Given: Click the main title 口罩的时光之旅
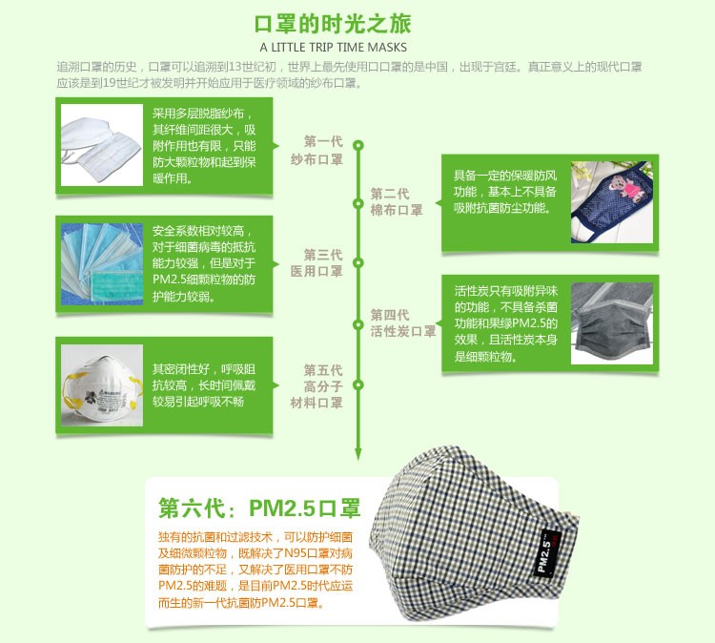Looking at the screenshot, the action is (x=333, y=24).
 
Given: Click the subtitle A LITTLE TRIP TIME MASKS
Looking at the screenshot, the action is (x=334, y=48).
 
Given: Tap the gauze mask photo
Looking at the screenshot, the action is (x=102, y=145).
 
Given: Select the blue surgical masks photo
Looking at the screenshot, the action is (x=102, y=264).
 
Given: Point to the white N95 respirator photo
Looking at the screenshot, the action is (x=102, y=385).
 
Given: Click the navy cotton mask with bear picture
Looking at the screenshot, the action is (x=612, y=202).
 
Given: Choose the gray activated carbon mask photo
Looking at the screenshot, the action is (x=612, y=323).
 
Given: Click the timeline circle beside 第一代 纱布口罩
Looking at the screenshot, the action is (x=358, y=146).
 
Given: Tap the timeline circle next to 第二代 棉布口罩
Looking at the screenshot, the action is (x=358, y=203).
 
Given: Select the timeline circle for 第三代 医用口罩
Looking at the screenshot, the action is (x=358, y=263).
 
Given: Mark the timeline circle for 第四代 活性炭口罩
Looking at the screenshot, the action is (x=358, y=324).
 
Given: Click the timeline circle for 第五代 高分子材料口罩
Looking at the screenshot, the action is (x=358, y=384).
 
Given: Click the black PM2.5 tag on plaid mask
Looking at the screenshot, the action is (x=547, y=552).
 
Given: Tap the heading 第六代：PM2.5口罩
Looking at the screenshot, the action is (x=259, y=508).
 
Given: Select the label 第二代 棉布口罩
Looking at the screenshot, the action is (x=397, y=201).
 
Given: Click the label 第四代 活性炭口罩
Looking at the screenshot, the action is (x=403, y=323).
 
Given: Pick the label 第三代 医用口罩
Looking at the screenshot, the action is (x=317, y=263).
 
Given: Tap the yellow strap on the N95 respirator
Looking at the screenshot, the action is (x=74, y=388).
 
